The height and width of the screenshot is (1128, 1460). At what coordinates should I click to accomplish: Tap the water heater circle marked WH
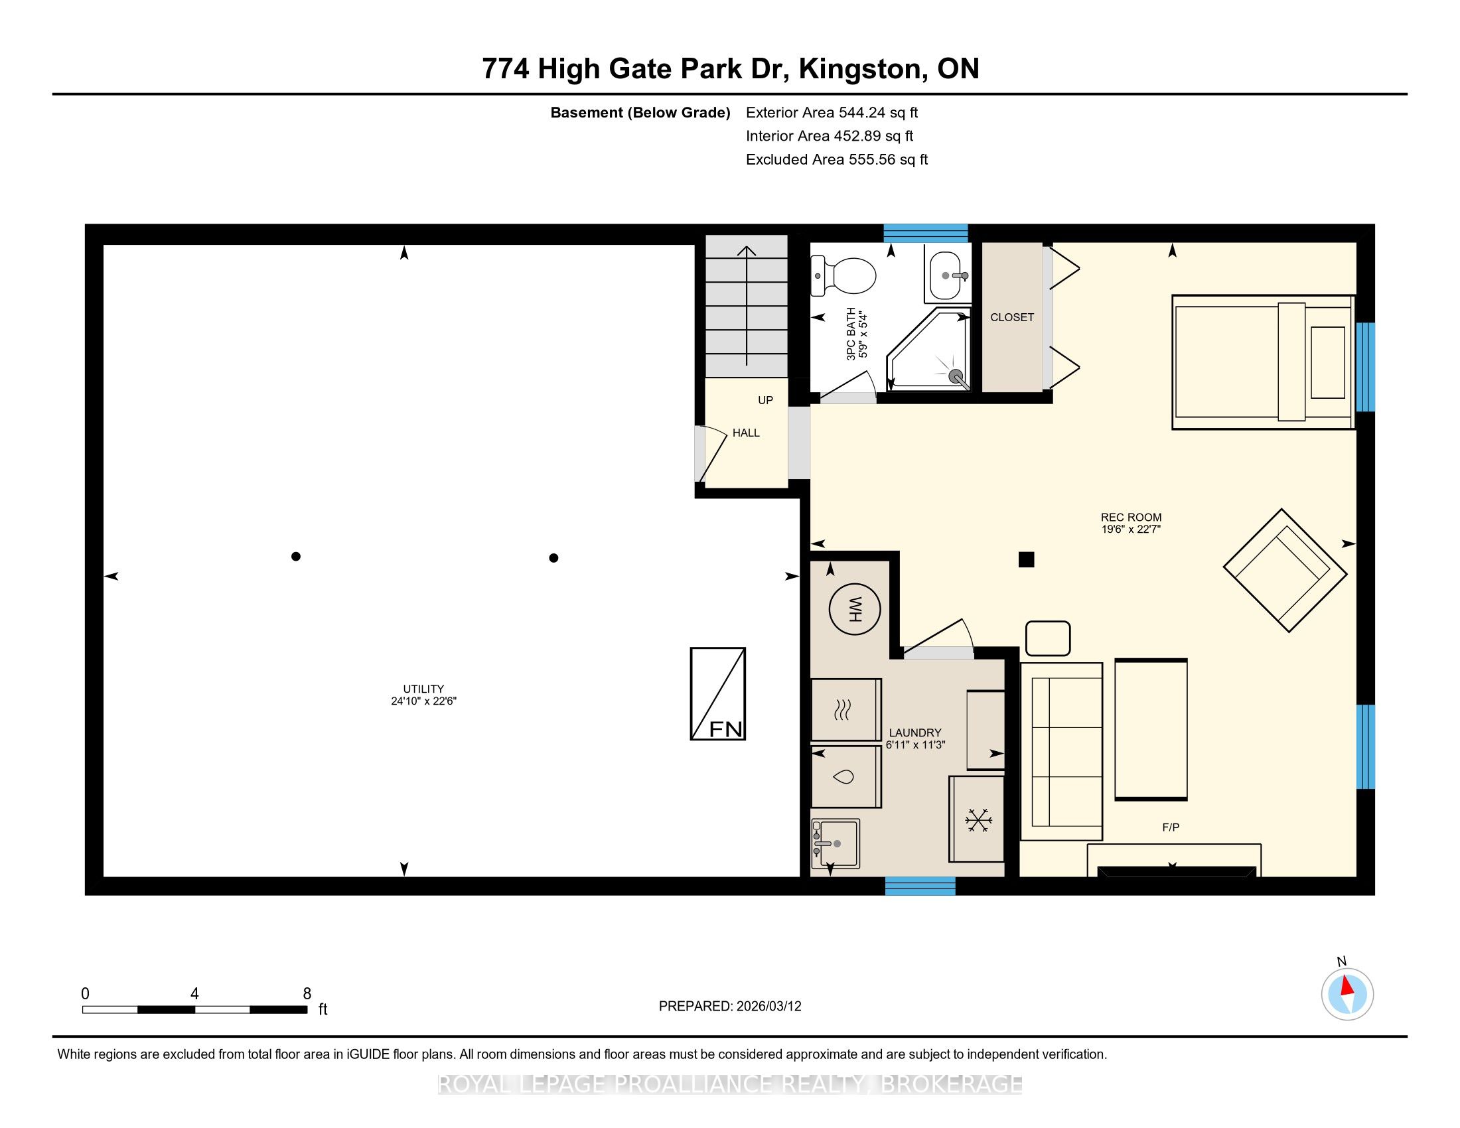tap(854, 609)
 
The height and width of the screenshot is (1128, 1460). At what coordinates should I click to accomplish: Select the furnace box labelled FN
tap(718, 693)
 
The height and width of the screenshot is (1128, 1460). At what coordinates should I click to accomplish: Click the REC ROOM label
tap(1131, 518)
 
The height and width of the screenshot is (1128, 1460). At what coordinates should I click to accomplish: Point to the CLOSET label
tap(1012, 317)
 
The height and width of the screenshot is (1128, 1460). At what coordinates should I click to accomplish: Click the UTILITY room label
tap(423, 689)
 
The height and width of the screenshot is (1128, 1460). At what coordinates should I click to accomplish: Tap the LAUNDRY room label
tap(914, 733)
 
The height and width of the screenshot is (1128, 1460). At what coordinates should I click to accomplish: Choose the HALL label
tap(746, 433)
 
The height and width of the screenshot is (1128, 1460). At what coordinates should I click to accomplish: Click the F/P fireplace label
tap(1171, 827)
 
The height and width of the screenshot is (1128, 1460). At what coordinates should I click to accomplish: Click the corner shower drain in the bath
tap(956, 377)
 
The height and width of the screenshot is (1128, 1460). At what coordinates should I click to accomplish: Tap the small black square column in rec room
tap(1026, 559)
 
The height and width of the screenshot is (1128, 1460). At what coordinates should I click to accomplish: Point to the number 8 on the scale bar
tap(307, 994)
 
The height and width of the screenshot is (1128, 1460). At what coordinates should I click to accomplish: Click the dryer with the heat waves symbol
tap(845, 710)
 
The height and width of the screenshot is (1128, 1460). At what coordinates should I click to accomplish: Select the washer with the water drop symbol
tap(845, 776)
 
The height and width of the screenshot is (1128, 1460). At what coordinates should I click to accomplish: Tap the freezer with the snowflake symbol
tap(978, 819)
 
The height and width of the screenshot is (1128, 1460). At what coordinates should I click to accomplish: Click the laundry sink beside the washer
tap(836, 843)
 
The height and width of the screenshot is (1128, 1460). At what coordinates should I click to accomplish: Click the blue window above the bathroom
tap(926, 233)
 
